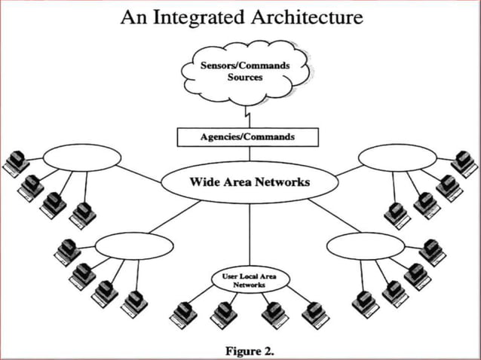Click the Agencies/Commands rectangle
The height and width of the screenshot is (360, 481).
click(247, 137)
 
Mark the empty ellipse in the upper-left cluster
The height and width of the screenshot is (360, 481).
click(81, 157)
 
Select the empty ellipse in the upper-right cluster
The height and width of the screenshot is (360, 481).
click(397, 157)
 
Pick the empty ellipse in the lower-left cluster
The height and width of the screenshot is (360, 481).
click(135, 246)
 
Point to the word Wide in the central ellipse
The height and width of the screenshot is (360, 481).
click(204, 182)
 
